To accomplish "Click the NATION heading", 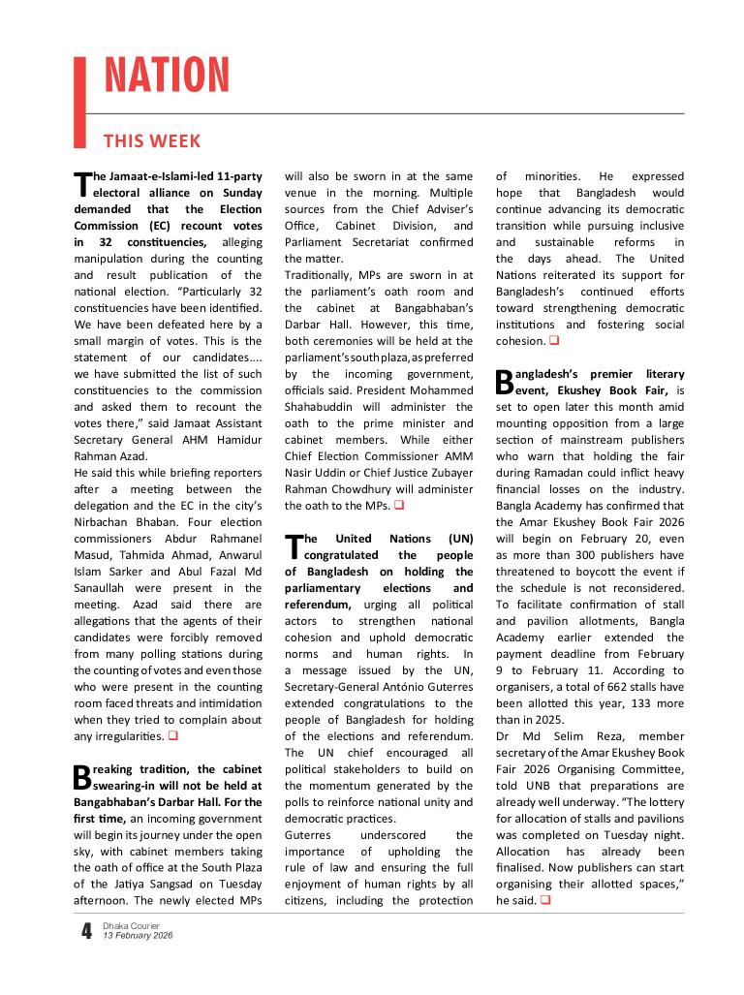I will pos(166,77).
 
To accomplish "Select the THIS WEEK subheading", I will pos(152,141).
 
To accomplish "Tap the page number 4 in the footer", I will pos(87,931).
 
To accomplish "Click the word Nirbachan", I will pos(104,506).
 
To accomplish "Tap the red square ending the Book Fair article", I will pos(545,901).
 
